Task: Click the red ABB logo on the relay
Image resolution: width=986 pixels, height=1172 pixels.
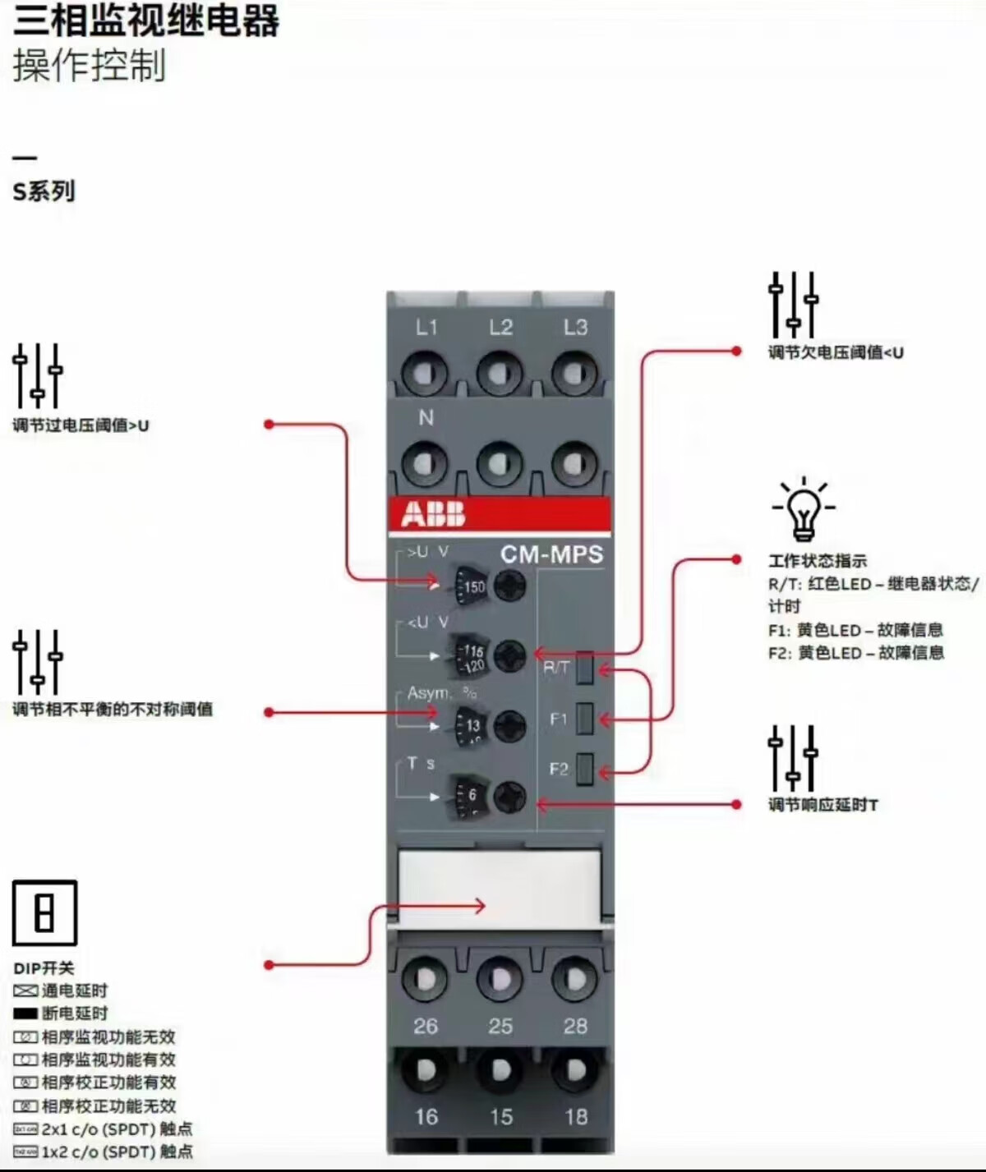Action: (433, 515)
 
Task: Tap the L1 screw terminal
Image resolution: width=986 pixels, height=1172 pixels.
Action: (425, 375)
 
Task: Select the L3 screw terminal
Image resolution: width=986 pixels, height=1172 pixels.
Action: (574, 375)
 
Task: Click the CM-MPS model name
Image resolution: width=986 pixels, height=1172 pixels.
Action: (551, 554)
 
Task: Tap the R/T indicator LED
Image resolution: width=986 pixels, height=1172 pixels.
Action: (584, 668)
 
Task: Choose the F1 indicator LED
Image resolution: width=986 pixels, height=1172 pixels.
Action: (584, 719)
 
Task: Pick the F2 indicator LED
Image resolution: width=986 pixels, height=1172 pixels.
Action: (584, 769)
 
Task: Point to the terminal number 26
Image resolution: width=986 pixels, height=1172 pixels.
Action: (426, 1026)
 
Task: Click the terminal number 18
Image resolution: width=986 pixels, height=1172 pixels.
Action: (575, 1117)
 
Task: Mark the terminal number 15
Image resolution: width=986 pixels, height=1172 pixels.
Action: (500, 1117)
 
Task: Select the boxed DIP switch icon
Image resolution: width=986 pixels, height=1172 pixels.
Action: (44, 912)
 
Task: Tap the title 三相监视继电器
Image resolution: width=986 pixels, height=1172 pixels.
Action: (146, 20)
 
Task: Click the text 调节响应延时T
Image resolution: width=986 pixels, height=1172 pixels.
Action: (822, 805)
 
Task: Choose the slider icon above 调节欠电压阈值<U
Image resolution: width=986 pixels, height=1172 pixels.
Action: (793, 304)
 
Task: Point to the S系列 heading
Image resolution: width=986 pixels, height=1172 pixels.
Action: (44, 191)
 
